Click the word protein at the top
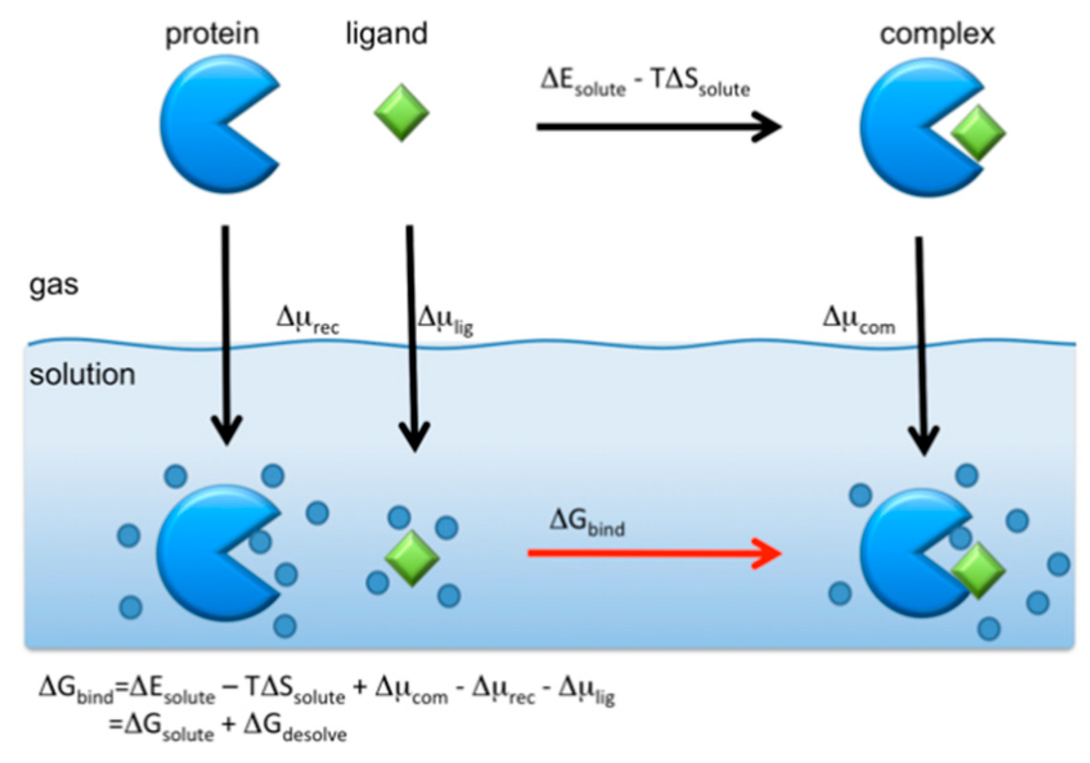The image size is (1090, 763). tap(212, 34)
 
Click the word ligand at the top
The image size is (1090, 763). tap(386, 33)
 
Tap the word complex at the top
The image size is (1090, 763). tap(936, 34)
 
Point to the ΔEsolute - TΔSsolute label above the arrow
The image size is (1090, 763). tap(645, 82)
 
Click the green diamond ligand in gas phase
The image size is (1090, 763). tap(402, 112)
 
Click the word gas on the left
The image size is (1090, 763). tap(53, 285)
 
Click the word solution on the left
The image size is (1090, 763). tap(82, 375)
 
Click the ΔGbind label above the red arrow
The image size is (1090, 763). tap(587, 522)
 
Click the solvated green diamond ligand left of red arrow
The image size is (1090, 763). tap(412, 558)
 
